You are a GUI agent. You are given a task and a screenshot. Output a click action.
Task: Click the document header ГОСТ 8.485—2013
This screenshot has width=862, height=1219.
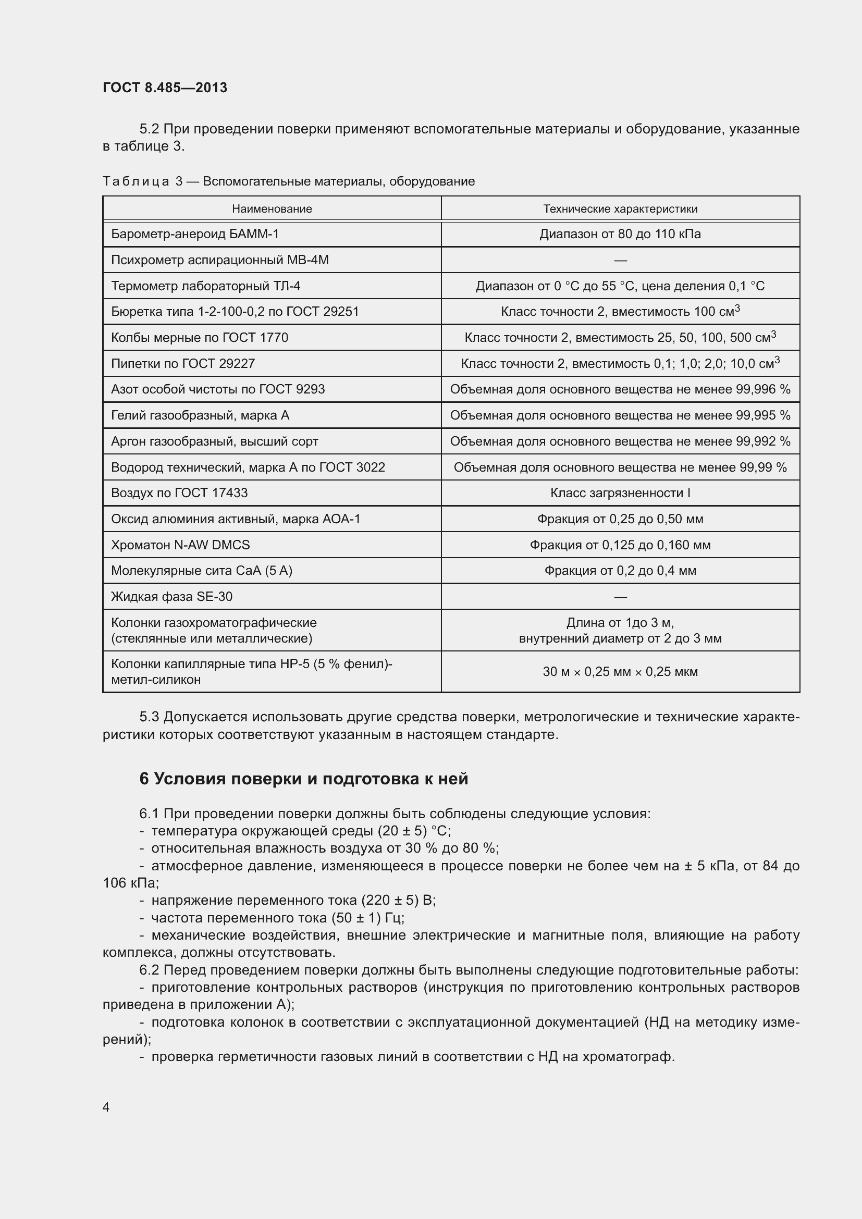pyautogui.click(x=165, y=88)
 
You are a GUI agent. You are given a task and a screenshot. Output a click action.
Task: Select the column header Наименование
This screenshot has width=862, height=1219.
pyautogui.click(x=272, y=208)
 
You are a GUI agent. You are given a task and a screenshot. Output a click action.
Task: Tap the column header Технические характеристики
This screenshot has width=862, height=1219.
pyautogui.click(x=620, y=208)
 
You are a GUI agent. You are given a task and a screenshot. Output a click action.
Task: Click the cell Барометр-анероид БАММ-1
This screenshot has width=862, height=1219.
pyautogui.click(x=195, y=234)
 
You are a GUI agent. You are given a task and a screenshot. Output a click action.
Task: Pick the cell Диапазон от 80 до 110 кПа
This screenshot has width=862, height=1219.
pyautogui.click(x=620, y=234)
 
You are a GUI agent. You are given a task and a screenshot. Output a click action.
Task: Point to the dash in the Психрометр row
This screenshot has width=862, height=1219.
pyautogui.click(x=620, y=260)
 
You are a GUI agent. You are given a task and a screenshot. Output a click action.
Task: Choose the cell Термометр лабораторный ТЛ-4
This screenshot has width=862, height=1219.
pyautogui.click(x=205, y=286)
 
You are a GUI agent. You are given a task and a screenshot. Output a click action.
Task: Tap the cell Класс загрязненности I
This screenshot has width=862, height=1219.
pyautogui.click(x=620, y=493)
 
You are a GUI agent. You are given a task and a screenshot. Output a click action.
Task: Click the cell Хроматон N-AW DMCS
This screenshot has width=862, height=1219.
pyautogui.click(x=180, y=545)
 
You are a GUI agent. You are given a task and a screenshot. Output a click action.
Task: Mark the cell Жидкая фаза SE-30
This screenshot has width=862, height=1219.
pyautogui.click(x=171, y=597)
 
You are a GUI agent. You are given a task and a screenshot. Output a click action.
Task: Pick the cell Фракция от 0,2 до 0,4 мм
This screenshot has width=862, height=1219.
pyautogui.click(x=620, y=571)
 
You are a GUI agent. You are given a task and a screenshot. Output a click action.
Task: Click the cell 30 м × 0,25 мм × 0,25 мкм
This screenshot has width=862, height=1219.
pyautogui.click(x=620, y=672)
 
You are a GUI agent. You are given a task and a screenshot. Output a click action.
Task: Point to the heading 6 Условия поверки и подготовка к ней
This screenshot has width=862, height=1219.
pyautogui.click(x=304, y=779)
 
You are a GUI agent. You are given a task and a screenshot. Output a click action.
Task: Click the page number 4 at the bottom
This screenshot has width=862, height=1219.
pyautogui.click(x=106, y=1107)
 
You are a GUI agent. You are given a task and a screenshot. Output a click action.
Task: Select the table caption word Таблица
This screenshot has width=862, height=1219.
pyautogui.click(x=136, y=181)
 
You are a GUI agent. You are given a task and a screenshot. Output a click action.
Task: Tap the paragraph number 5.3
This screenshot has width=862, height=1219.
pyautogui.click(x=149, y=717)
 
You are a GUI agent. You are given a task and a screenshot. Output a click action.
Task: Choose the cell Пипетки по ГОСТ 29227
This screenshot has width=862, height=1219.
pyautogui.click(x=182, y=364)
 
